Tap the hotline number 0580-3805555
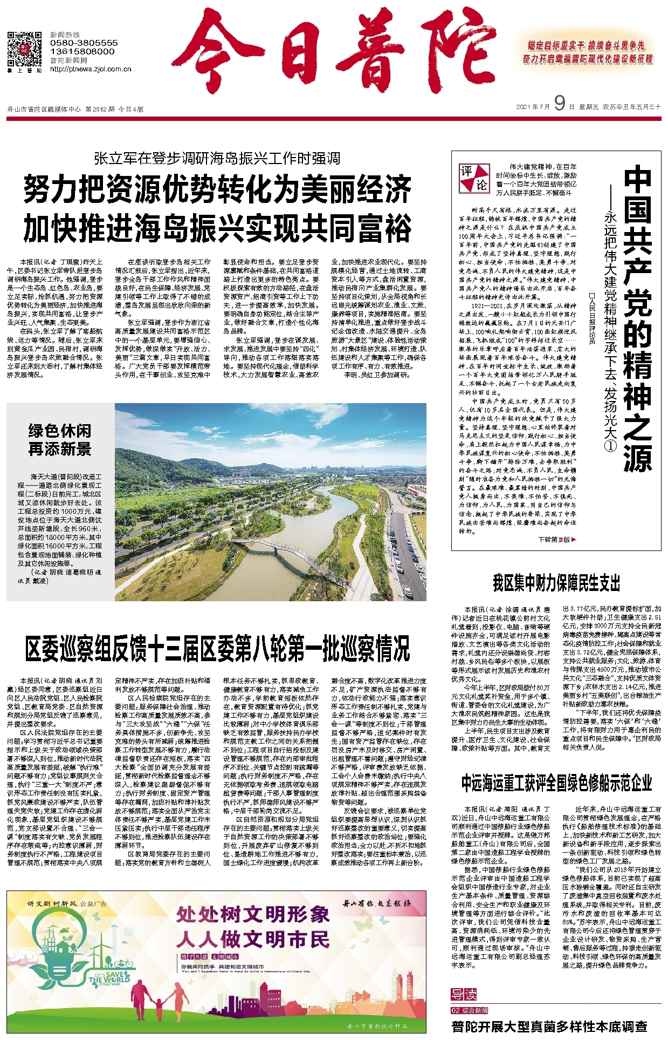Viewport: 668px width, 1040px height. pos(84,43)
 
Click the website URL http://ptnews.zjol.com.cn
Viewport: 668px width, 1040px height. pos(91,69)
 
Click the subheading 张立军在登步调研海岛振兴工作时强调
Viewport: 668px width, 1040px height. pos(217,158)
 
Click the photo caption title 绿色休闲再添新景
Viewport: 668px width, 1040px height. pos(60,440)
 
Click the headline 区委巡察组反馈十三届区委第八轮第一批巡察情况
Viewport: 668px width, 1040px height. pos(217,649)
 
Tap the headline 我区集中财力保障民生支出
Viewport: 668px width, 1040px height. pos(556,583)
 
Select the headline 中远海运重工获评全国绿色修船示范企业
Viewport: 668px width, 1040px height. pos(556,783)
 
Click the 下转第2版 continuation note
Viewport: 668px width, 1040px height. pos(557,539)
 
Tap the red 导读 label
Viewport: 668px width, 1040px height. pos(464,994)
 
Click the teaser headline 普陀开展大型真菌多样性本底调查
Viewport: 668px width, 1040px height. pos(549,1027)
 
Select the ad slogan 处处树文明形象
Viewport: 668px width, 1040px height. pos(252,914)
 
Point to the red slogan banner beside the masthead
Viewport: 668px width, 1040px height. pos(587,52)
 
